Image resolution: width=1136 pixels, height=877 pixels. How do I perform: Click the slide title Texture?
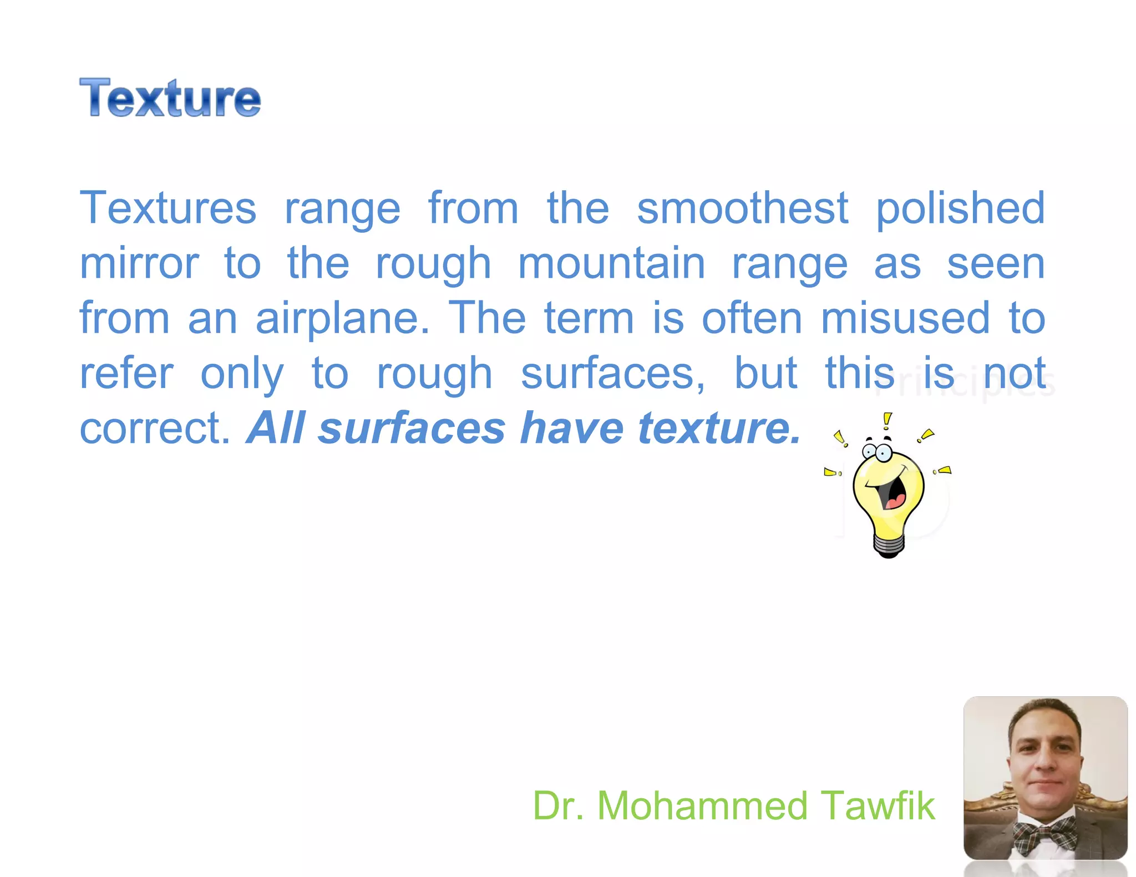click(170, 98)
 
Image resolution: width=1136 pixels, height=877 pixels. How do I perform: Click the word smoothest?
click(742, 208)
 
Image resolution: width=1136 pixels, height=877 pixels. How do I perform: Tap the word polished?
click(960, 209)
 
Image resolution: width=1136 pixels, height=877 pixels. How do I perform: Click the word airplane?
click(342, 319)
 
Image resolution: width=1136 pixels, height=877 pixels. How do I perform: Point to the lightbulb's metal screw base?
click(889, 545)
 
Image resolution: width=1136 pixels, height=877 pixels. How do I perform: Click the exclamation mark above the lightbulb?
click(887, 421)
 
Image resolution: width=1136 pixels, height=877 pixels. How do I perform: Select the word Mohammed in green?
click(702, 805)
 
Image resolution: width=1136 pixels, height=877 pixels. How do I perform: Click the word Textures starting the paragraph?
click(168, 208)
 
